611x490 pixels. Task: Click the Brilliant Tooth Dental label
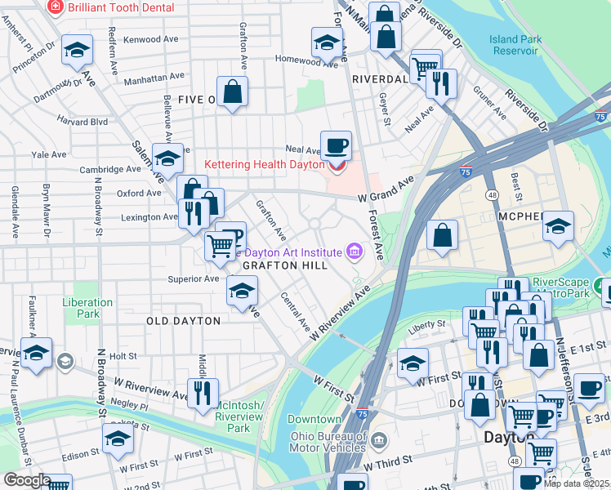(x=120, y=7)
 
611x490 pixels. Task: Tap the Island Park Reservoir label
(x=514, y=45)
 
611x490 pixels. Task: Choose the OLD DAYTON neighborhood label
(x=183, y=321)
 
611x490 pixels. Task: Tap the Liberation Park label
(x=82, y=308)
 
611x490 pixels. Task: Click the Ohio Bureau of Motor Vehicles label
(x=328, y=441)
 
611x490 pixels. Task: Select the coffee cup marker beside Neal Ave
(x=336, y=145)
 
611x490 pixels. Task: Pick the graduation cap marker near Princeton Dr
(x=77, y=50)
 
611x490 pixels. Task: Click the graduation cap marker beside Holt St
(x=37, y=353)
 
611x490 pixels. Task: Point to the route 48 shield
(x=493, y=196)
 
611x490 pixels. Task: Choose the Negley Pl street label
(x=132, y=405)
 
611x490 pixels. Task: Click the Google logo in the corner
(x=26, y=480)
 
